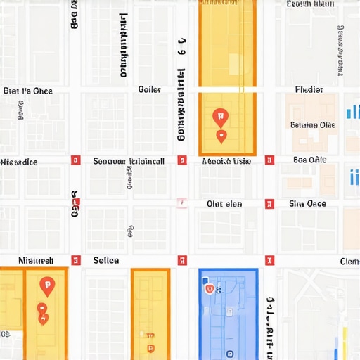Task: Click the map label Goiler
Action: (x=150, y=90)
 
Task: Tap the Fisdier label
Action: (x=309, y=90)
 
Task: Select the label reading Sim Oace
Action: (x=307, y=204)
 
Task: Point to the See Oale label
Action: (x=309, y=160)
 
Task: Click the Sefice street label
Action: (x=106, y=261)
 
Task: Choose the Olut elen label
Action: (x=224, y=204)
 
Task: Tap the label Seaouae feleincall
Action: (x=129, y=161)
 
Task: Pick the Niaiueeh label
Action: (x=35, y=261)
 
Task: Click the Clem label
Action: (x=349, y=262)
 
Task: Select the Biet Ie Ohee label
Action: (x=28, y=91)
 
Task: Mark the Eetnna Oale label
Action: (x=313, y=125)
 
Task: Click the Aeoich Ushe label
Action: (x=226, y=161)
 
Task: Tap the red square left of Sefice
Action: (x=76, y=261)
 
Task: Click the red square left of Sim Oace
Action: (x=268, y=204)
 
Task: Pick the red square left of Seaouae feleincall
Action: (x=76, y=161)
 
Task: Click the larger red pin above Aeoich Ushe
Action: (x=219, y=116)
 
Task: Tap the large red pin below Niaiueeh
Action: (x=47, y=285)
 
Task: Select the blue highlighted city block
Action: (x=228, y=313)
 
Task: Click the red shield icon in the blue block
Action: (x=208, y=288)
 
